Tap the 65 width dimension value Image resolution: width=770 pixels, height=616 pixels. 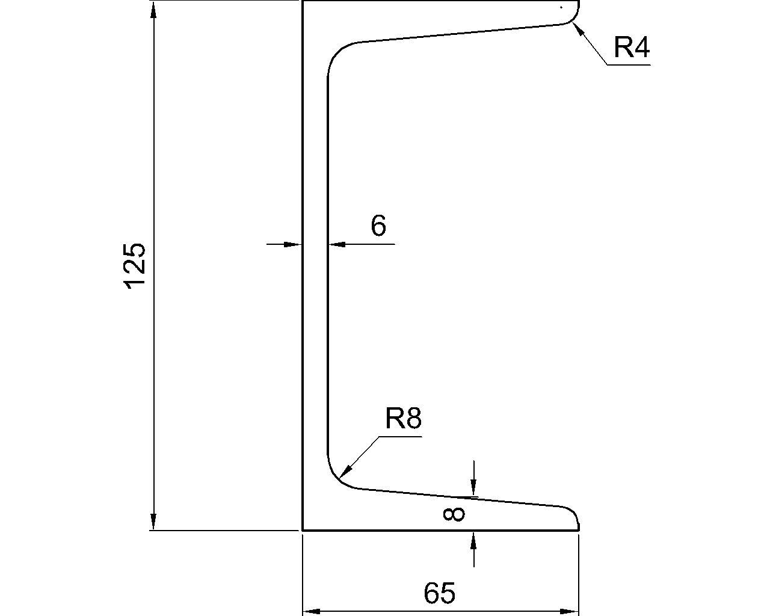click(440, 594)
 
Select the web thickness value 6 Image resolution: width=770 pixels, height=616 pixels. click(378, 227)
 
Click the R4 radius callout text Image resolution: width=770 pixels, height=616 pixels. click(632, 48)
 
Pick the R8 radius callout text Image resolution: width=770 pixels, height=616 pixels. click(403, 419)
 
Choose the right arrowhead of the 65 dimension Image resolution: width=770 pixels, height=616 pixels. click(571, 612)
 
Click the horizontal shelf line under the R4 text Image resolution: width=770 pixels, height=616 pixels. click(629, 64)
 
